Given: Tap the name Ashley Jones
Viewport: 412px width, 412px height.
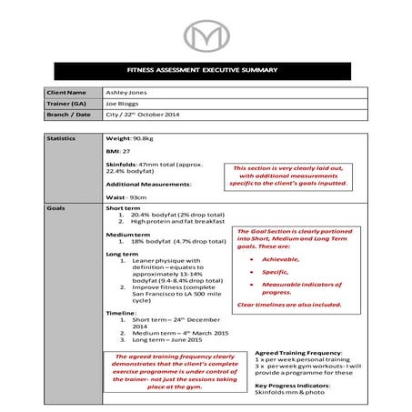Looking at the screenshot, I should [128, 93].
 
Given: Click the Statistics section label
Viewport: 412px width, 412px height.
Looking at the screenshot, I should [62, 138].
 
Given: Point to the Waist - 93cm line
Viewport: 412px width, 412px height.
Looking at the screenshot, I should [126, 196].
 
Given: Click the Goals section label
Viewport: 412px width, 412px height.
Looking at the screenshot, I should [55, 207].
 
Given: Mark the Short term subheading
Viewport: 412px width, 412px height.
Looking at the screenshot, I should [123, 207].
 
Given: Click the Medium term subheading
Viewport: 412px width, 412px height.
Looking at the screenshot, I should [126, 234].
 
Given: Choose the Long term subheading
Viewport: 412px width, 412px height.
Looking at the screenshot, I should [122, 253].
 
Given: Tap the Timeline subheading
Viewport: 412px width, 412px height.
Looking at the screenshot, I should [122, 311].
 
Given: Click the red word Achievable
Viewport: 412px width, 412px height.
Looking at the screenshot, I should [274, 259].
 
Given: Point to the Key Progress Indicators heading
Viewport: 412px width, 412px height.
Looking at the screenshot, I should [292, 385].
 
